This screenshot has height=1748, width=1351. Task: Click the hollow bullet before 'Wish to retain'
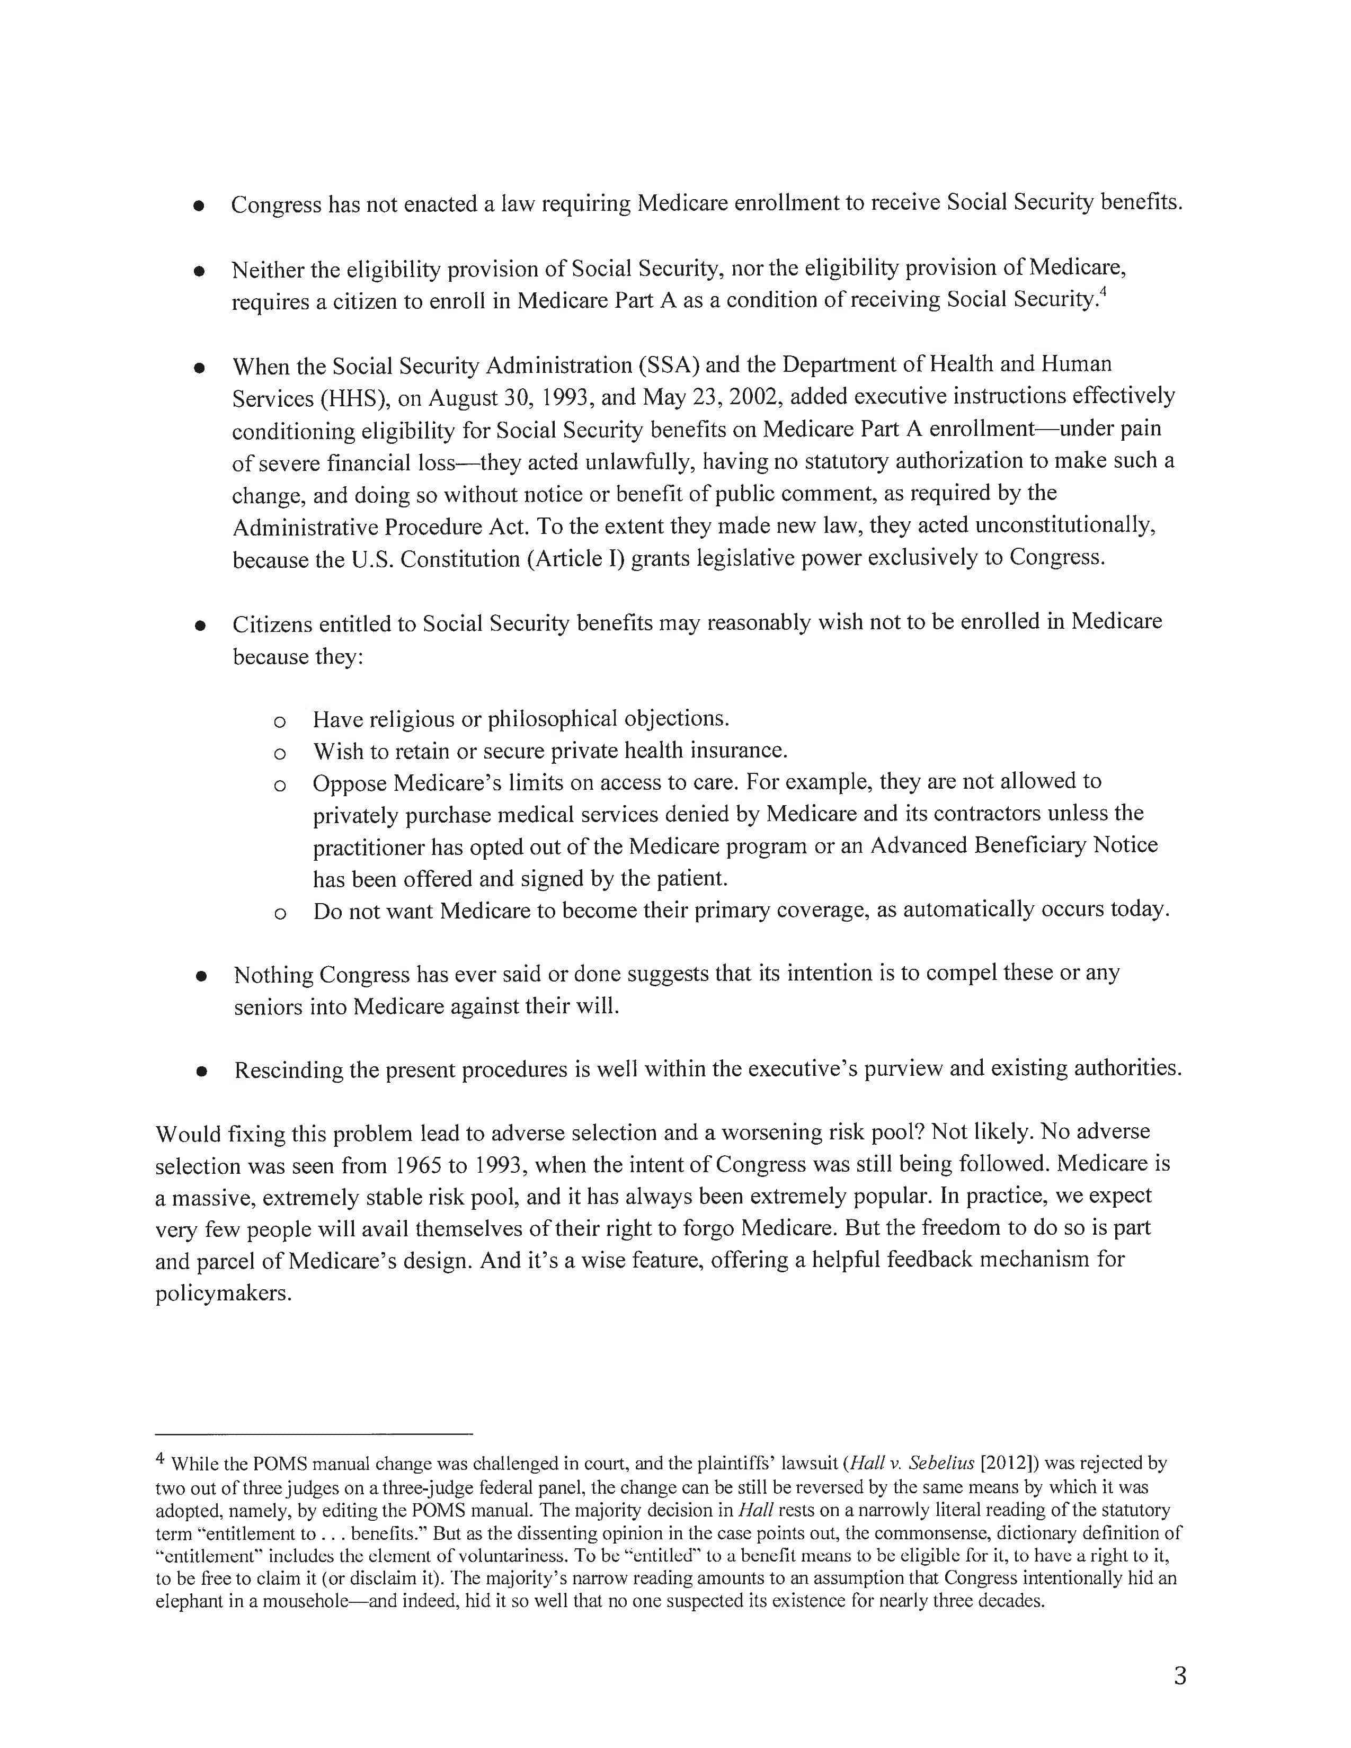[x=279, y=753]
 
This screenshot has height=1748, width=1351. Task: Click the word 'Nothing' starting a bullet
[x=272, y=975]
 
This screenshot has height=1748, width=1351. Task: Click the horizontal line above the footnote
[x=314, y=1433]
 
